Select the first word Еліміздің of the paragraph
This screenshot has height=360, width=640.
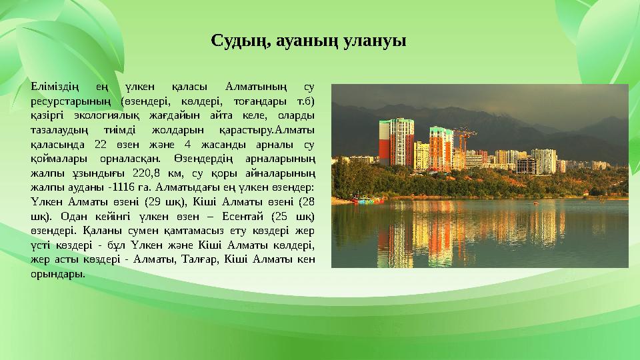(x=55, y=87)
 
